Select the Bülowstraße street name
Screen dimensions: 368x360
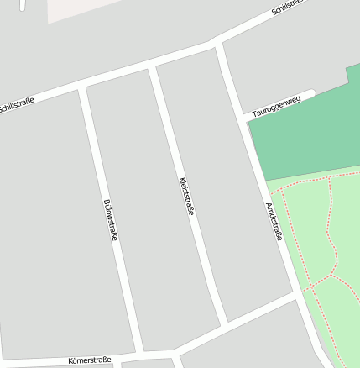coord(109,220)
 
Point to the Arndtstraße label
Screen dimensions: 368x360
coord(274,221)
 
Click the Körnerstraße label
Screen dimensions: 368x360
coord(90,360)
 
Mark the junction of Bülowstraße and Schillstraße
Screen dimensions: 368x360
coord(81,87)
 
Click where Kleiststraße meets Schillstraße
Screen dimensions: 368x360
coord(152,66)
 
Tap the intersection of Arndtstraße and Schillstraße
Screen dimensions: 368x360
coord(220,43)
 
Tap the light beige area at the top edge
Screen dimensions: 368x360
coord(84,8)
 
